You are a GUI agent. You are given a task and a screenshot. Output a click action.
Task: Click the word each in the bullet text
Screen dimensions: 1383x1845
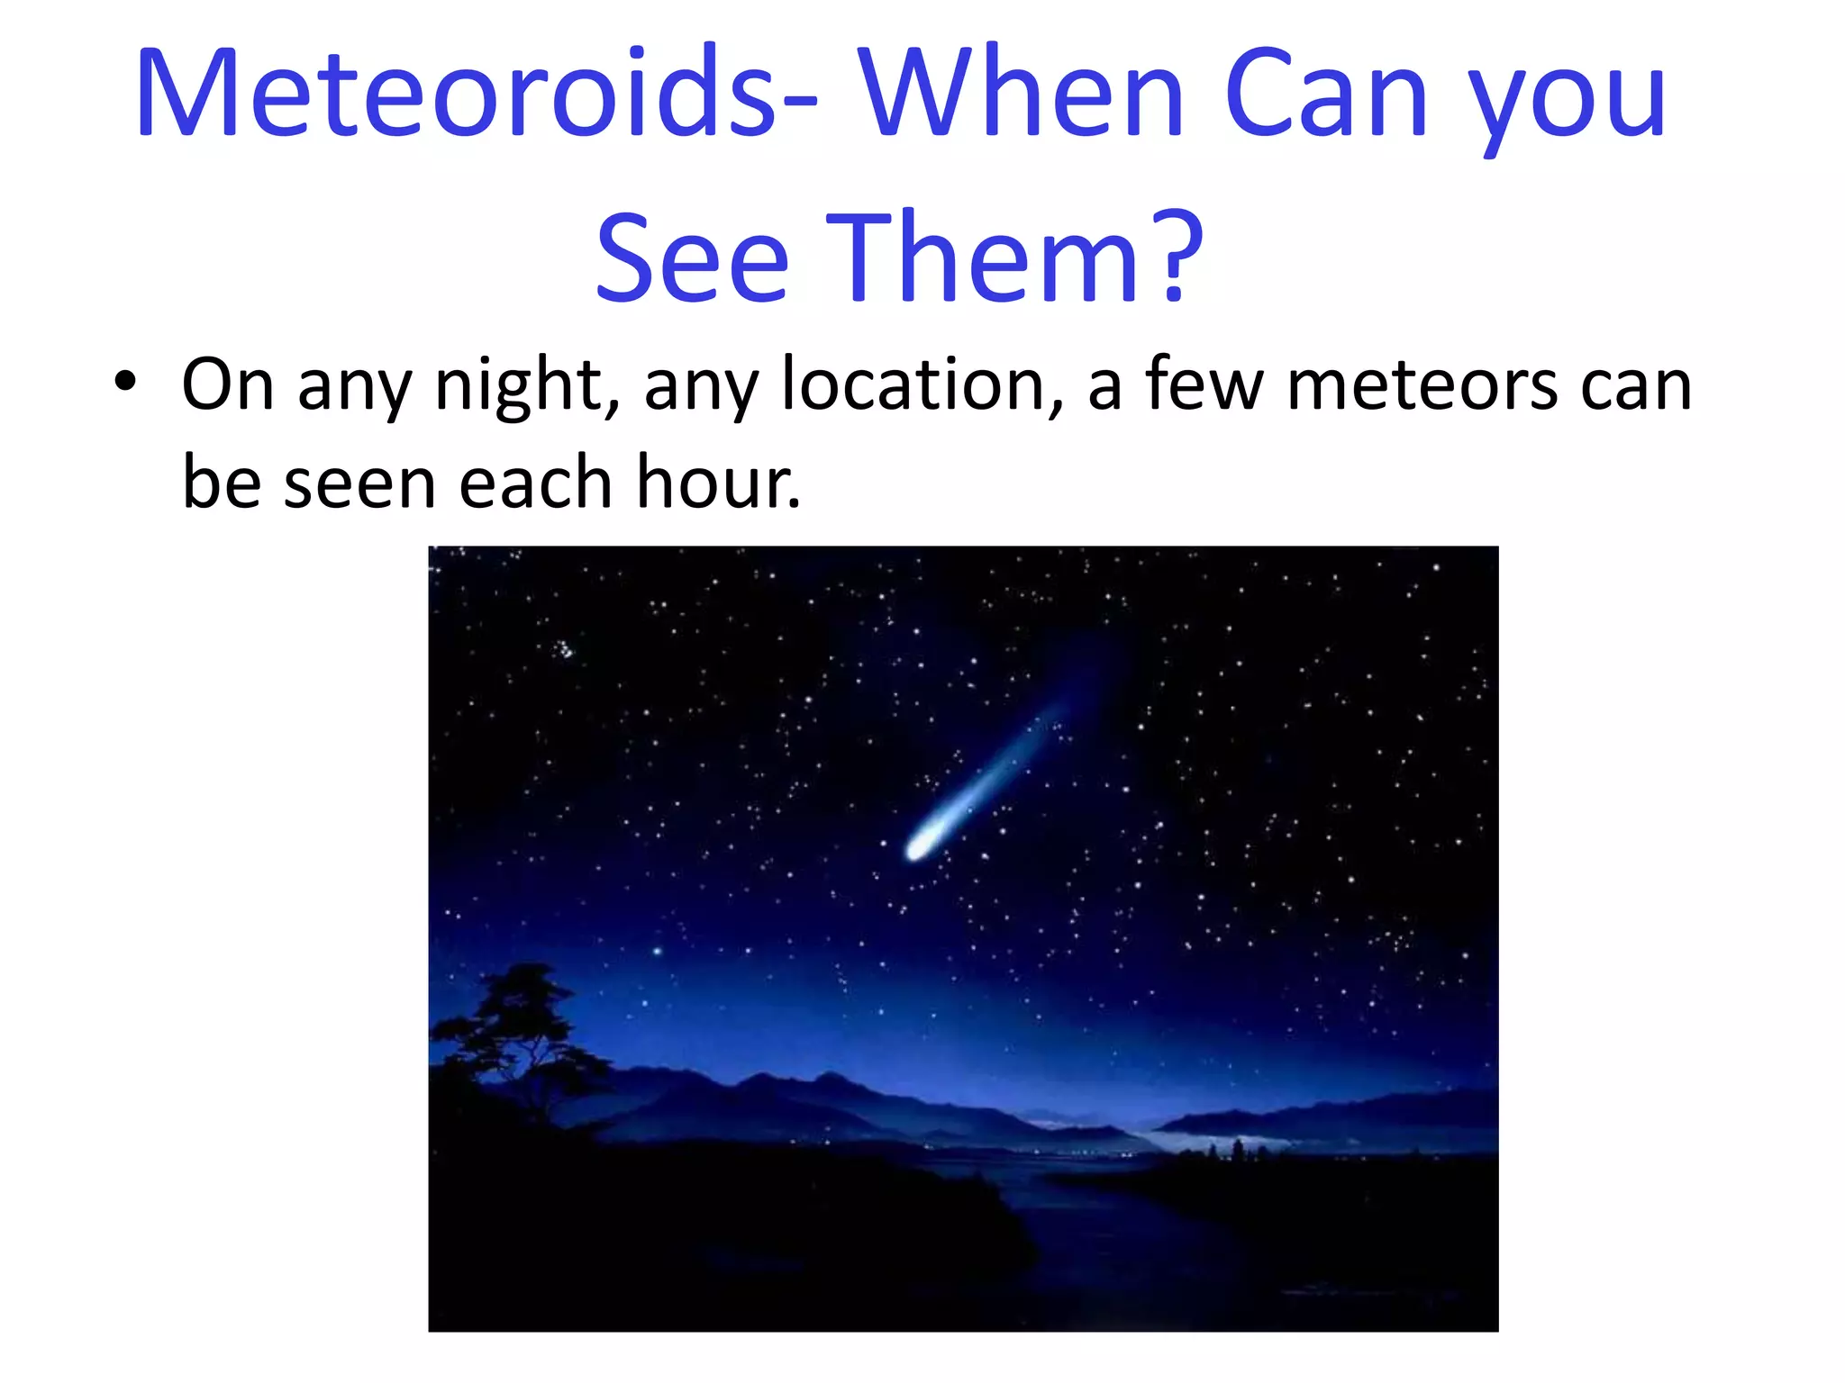537,483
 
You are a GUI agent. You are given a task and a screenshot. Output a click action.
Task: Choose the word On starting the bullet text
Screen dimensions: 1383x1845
228,384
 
